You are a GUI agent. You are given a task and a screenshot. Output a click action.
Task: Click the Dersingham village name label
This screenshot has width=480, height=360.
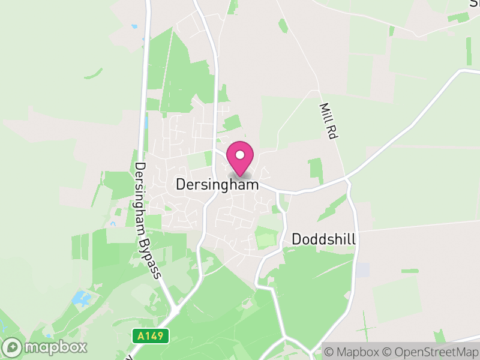click(x=217, y=185)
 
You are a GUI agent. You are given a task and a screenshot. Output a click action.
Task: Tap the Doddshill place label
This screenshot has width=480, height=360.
click(x=324, y=239)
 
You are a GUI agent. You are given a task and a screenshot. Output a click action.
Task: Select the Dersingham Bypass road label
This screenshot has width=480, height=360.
click(x=148, y=220)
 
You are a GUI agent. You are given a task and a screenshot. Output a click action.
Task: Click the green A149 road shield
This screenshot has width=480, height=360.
click(x=151, y=336)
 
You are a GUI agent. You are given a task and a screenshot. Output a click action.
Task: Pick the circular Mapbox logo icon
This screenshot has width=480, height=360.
click(x=13, y=347)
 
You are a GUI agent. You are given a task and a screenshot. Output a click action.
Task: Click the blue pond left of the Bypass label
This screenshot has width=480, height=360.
click(x=80, y=298)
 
